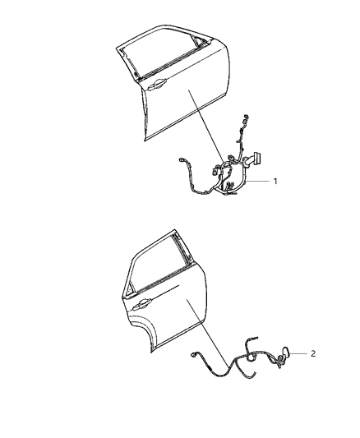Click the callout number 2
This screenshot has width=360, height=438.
(x=313, y=353)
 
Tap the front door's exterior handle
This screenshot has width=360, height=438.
(x=157, y=82)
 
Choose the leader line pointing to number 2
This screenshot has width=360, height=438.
(x=298, y=353)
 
